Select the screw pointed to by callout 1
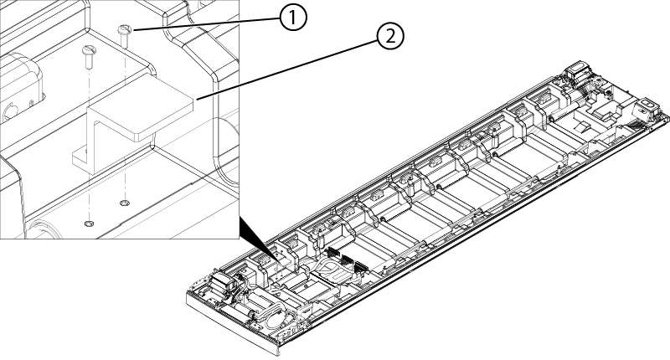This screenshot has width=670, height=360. (x=125, y=31)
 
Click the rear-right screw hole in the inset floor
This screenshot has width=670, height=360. (x=125, y=202)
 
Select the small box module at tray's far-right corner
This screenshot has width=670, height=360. (x=646, y=110)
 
